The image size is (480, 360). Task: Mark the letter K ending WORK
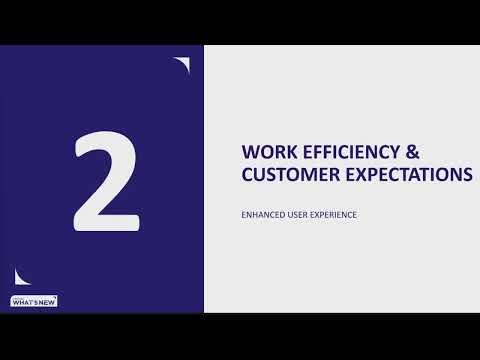pyautogui.click(x=288, y=152)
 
